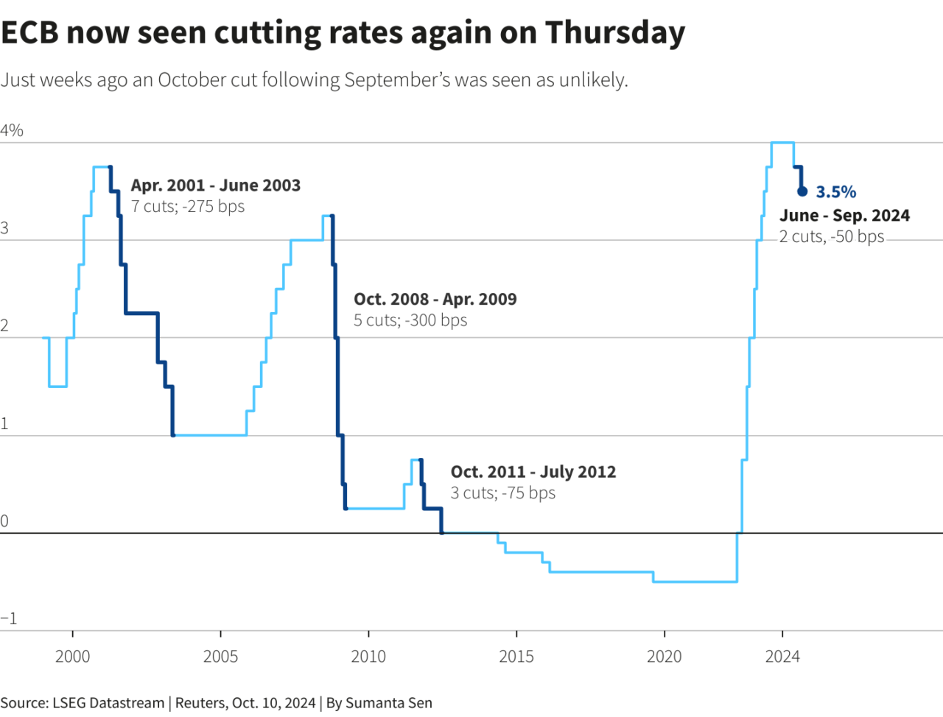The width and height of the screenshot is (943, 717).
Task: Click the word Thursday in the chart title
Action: click(x=614, y=33)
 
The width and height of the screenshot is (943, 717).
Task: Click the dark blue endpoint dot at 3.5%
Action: click(x=802, y=191)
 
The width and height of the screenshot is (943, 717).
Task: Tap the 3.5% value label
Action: click(x=835, y=192)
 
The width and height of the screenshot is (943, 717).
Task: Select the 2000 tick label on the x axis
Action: click(x=72, y=657)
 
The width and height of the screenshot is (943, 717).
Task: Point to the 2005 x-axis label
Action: click(x=220, y=657)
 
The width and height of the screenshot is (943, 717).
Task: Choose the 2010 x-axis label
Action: click(x=368, y=657)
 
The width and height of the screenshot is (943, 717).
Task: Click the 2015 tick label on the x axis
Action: click(x=516, y=657)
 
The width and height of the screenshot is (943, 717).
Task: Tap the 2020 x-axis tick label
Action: click(x=665, y=657)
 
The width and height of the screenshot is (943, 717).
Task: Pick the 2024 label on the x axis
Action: click(x=782, y=657)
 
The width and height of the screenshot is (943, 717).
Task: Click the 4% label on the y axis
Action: click(x=12, y=131)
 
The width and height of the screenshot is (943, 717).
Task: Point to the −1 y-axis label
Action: click(x=9, y=618)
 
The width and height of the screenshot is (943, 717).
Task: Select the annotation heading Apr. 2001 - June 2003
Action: click(x=216, y=186)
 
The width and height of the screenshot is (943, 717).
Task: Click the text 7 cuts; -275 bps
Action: click(x=188, y=207)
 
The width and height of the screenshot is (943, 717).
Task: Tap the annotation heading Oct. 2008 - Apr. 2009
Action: click(x=435, y=300)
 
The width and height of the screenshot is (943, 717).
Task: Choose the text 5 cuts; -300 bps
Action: click(x=410, y=321)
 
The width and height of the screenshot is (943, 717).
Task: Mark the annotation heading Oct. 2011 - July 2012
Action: click(x=533, y=472)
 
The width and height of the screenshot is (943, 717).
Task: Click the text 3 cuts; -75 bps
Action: click(x=503, y=493)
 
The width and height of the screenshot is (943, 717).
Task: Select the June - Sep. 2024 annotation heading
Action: click(x=844, y=216)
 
